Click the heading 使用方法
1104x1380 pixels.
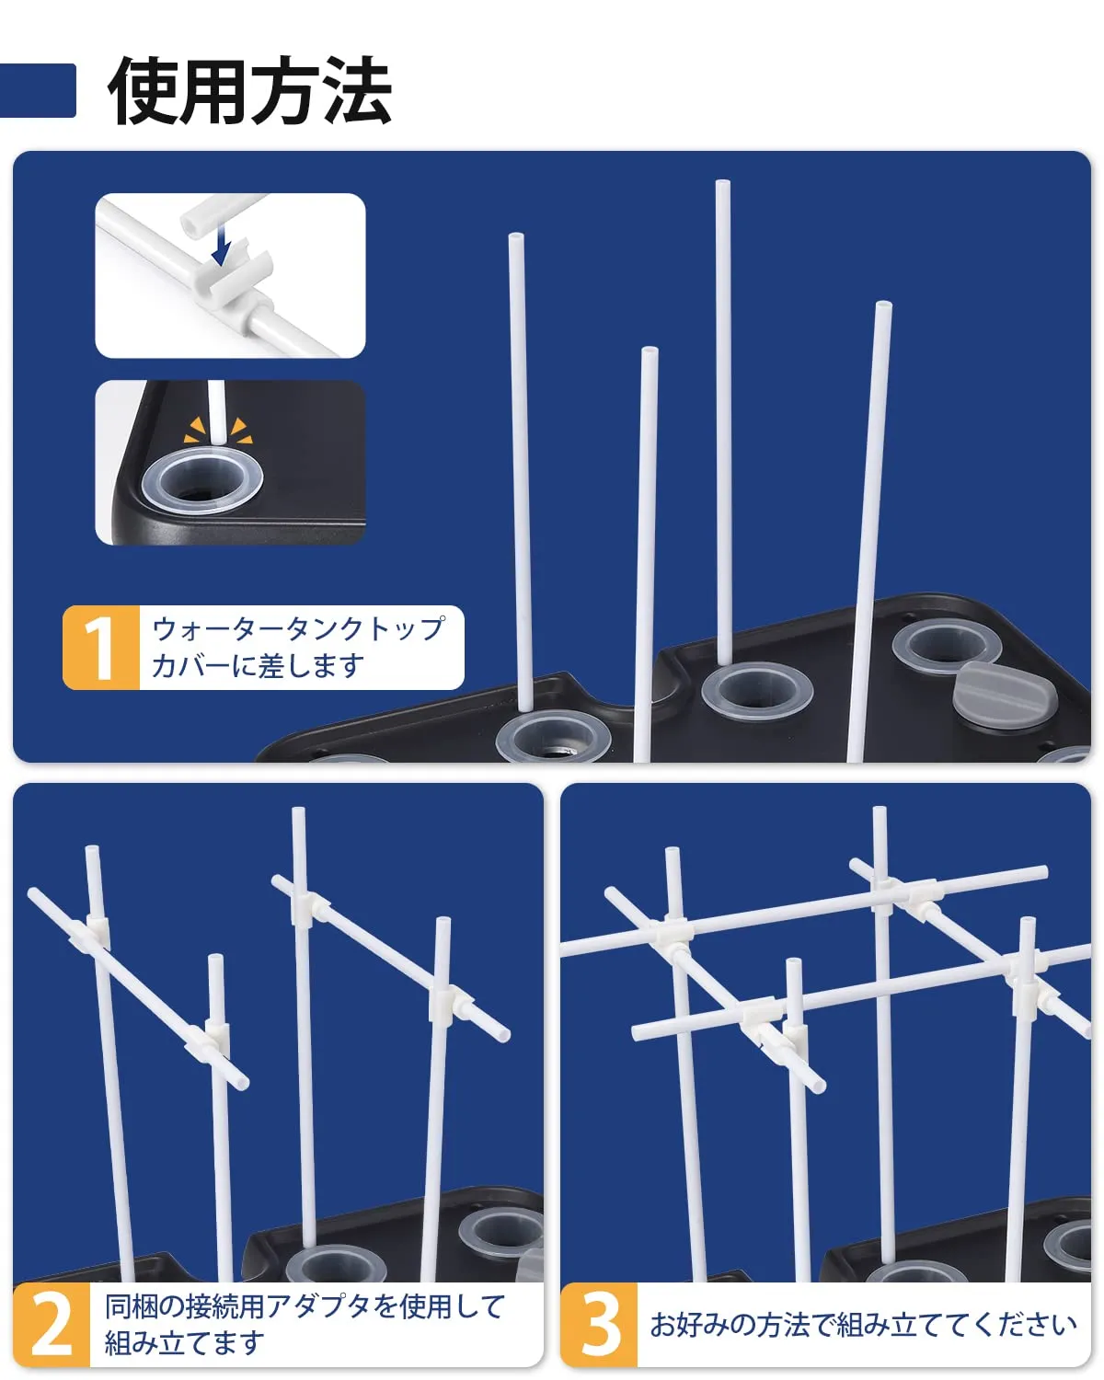point(249,90)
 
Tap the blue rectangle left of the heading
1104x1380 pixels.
point(38,90)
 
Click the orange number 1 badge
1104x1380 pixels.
point(100,647)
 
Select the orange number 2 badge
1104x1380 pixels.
point(52,1324)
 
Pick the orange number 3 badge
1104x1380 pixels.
point(599,1324)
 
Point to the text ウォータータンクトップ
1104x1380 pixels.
point(298,629)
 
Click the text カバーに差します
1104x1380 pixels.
point(258,666)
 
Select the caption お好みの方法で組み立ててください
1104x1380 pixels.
point(863,1325)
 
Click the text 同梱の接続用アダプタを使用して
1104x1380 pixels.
point(305,1306)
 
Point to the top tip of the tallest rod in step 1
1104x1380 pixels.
point(723,183)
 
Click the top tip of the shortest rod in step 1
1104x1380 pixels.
point(650,351)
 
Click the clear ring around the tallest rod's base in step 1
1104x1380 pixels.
point(757,692)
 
